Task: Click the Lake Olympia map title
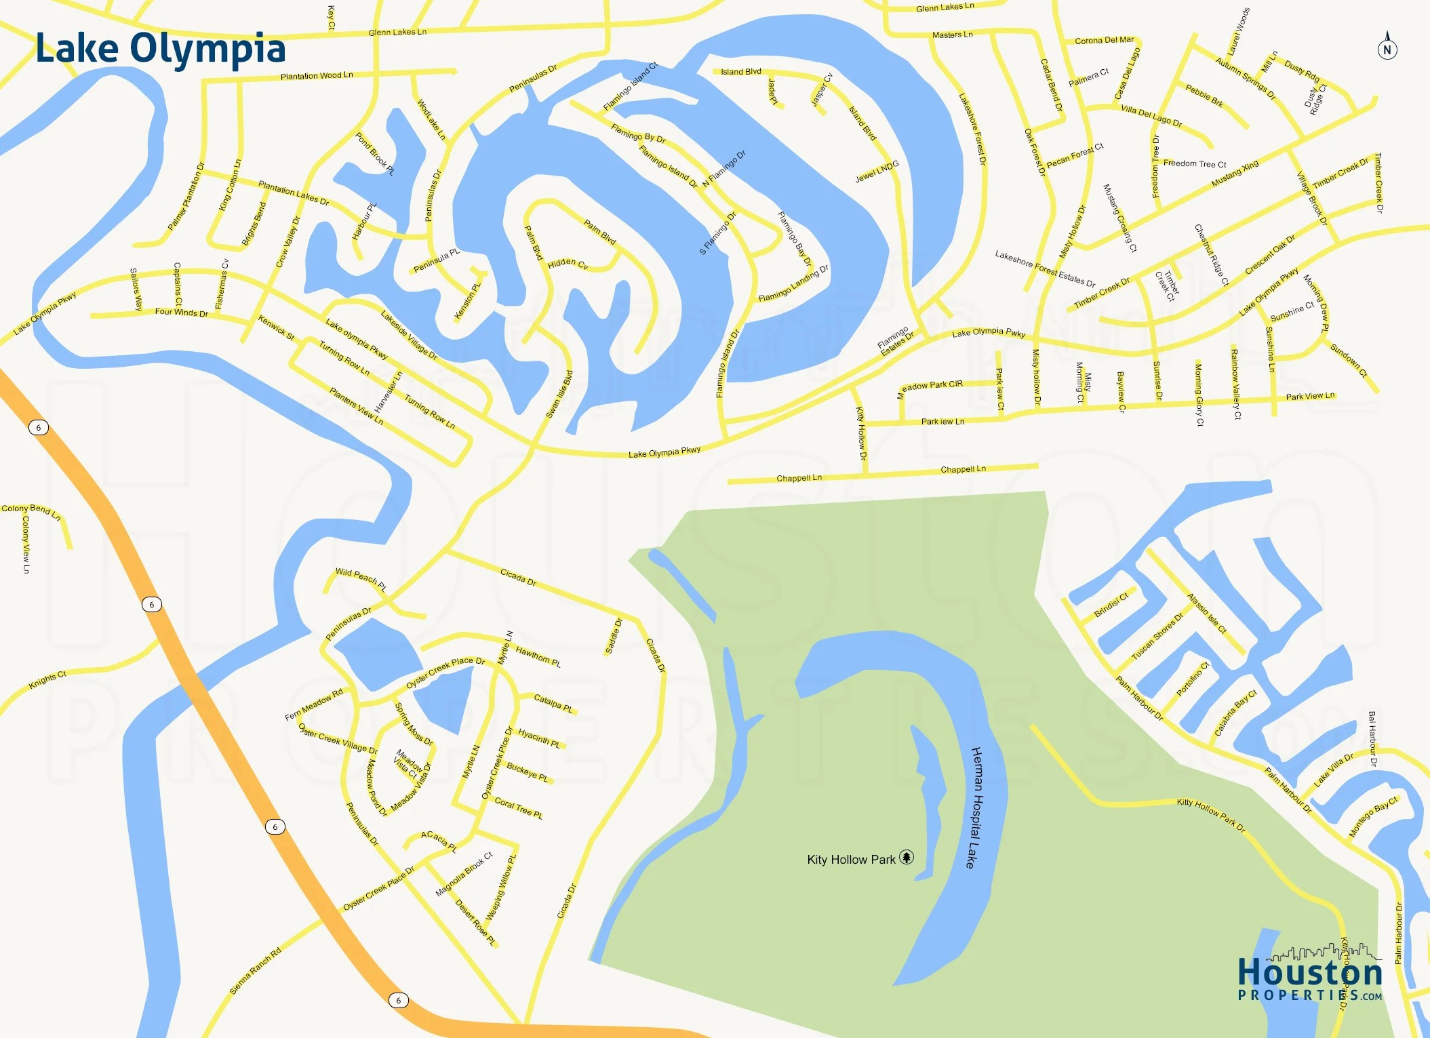(161, 49)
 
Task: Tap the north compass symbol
(1387, 47)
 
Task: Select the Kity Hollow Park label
(851, 860)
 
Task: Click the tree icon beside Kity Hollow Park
(907, 858)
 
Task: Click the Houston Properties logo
(1310, 976)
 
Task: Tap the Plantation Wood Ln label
(317, 75)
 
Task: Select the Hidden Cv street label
(568, 264)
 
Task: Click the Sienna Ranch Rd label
(255, 971)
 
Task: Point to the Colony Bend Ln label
(31, 511)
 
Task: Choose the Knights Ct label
(47, 679)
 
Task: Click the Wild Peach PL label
(361, 579)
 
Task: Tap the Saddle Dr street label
(614, 637)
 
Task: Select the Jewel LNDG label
(877, 172)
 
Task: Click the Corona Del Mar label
(1104, 40)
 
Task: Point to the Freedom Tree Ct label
(1195, 163)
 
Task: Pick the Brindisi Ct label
(1111, 605)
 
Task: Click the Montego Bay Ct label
(1373, 816)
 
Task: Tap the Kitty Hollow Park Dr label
(1211, 814)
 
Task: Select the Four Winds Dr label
(181, 313)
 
